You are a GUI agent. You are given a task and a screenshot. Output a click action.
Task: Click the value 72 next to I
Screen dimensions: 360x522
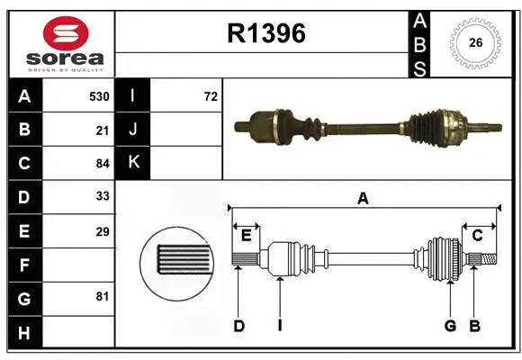coord(211,96)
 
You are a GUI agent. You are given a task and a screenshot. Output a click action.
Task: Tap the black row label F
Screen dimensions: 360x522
coord(24,265)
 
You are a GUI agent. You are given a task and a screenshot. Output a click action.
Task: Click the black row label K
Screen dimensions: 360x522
coord(133,163)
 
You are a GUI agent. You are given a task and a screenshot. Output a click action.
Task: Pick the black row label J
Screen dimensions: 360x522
coord(133,130)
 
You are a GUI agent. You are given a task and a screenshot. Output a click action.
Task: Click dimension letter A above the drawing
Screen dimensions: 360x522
coord(364,198)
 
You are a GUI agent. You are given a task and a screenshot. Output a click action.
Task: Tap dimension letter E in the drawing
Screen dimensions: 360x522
coord(246,235)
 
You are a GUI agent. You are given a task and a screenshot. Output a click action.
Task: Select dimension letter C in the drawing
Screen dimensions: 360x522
coord(478,235)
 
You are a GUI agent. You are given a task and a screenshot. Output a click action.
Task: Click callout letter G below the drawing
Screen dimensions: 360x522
coord(449,326)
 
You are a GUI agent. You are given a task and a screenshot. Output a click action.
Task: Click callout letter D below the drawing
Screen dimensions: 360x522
coord(238,326)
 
